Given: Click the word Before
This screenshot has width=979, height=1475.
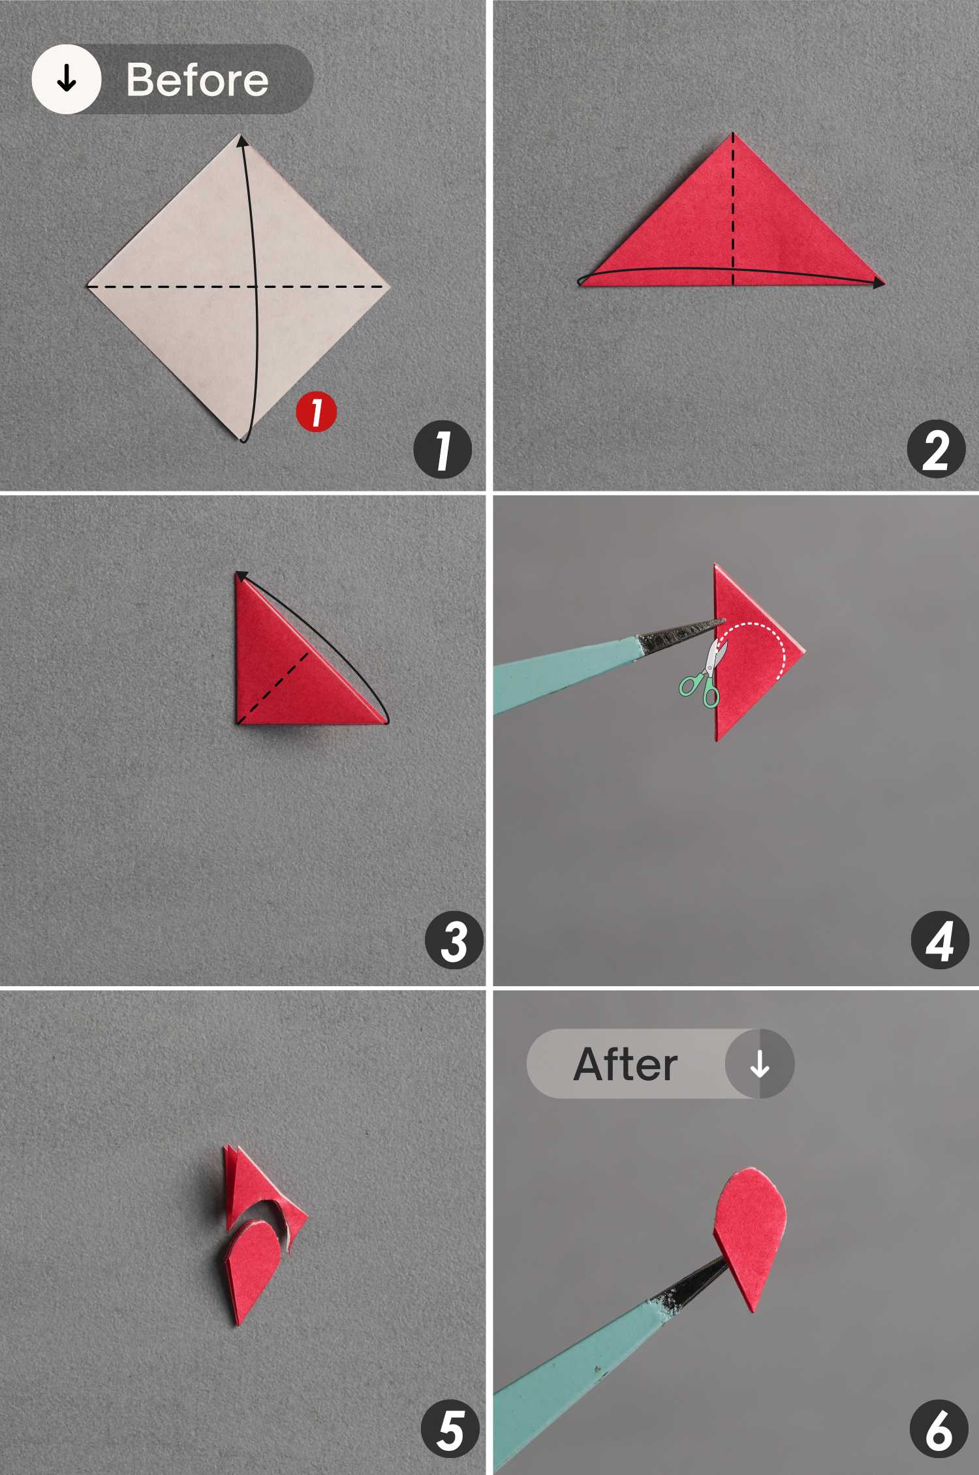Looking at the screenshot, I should (197, 80).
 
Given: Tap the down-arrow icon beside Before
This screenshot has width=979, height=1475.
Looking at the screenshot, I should (67, 80).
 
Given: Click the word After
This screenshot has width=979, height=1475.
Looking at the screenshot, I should (625, 1064).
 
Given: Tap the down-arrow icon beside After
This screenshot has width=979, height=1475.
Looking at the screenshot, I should (759, 1064).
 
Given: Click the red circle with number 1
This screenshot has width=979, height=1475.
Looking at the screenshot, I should (317, 412).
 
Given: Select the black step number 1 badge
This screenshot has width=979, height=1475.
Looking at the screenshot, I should (443, 450).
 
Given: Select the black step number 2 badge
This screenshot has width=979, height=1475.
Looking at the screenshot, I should (936, 450).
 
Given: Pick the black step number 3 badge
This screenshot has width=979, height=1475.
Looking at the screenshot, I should (454, 940).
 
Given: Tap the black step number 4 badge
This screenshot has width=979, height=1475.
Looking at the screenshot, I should (940, 940).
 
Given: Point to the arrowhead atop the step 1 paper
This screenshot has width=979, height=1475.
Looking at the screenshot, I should (242, 141).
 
